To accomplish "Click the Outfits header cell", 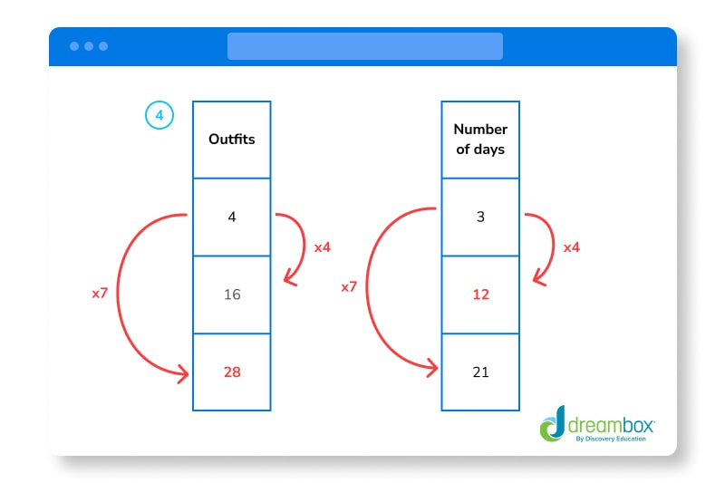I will (x=231, y=140).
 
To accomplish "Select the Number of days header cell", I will (x=480, y=140).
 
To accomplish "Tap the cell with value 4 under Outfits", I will (x=231, y=217).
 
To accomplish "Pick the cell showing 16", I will (x=231, y=295).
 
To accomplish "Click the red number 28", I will (x=231, y=372).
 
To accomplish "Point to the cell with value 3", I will (x=480, y=217).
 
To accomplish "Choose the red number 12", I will (x=480, y=295).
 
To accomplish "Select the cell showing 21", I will (x=480, y=372).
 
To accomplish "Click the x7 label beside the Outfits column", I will (x=101, y=294).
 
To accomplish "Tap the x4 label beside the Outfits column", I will (x=322, y=246).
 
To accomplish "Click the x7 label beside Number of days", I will (x=350, y=286).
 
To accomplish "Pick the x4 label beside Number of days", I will (x=571, y=246).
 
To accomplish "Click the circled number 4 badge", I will (x=159, y=116).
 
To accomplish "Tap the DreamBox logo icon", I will (x=552, y=424).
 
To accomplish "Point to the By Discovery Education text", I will (x=612, y=440).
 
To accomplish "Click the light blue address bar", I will (x=364, y=46).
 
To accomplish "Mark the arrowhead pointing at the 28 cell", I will (x=184, y=372).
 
